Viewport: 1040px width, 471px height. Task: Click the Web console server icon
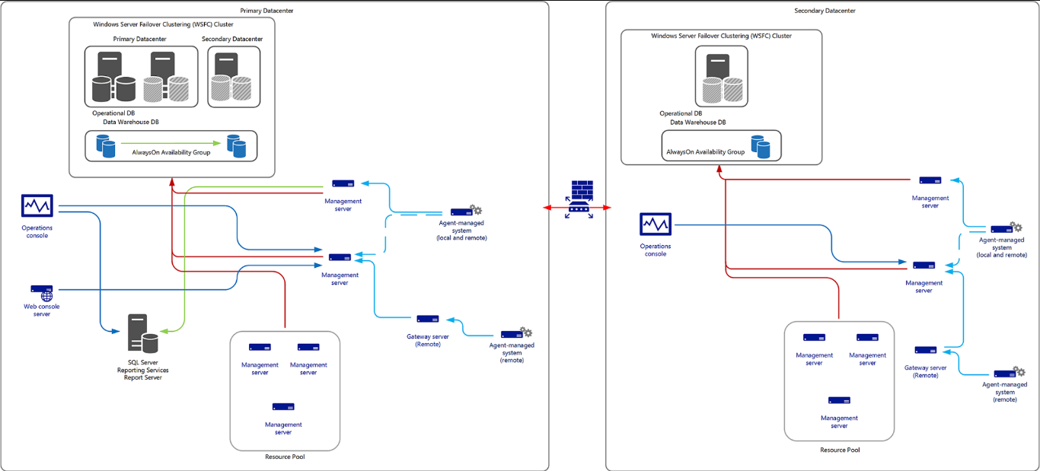[x=42, y=290]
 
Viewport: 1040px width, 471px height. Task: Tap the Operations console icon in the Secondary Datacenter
[x=655, y=225]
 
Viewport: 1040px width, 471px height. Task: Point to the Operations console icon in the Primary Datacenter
[x=37, y=206]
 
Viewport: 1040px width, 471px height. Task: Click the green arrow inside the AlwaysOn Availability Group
[x=171, y=143]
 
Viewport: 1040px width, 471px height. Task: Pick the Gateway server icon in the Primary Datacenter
[x=427, y=319]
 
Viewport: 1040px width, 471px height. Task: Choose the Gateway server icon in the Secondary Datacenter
[x=925, y=351]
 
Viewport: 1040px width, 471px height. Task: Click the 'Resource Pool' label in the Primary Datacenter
[x=285, y=457]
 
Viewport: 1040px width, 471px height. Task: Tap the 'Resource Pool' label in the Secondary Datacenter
[x=839, y=450]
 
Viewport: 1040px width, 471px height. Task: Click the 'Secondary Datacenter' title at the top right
[x=825, y=11]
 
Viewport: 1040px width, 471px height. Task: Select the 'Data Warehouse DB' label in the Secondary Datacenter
[x=697, y=122]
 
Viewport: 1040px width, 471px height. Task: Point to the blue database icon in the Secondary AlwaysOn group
[x=760, y=147]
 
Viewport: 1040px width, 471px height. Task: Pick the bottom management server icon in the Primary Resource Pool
[x=283, y=407]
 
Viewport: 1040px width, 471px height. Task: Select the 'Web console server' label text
[x=42, y=310]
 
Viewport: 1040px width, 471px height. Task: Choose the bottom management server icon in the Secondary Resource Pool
[x=839, y=400]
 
